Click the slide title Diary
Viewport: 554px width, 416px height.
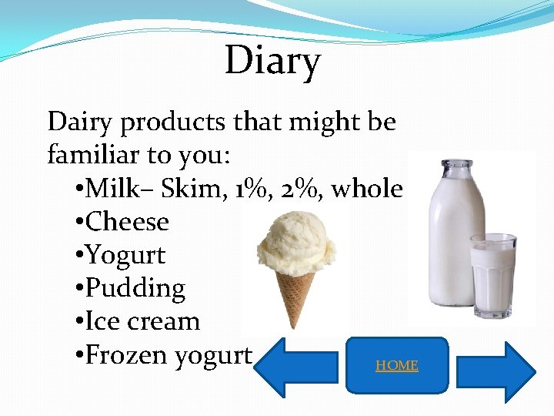272,61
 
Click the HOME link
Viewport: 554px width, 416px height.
397,365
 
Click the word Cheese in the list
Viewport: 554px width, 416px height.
127,222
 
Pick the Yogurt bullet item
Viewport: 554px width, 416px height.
125,255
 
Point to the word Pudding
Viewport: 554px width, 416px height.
135,288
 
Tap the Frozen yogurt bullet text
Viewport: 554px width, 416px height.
169,355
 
